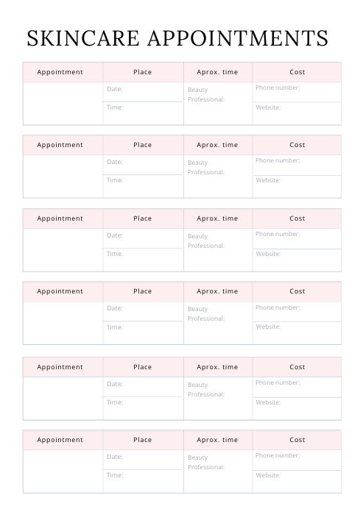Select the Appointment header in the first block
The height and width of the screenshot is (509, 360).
pos(60,72)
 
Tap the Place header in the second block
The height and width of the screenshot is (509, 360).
pos(143,145)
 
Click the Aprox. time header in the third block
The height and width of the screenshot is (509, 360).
pos(217,218)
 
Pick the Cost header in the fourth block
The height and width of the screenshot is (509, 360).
pos(297,291)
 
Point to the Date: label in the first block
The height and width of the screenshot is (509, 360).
pos(115,89)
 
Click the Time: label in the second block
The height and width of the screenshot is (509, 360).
pos(115,180)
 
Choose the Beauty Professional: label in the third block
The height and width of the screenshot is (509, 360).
pos(206,241)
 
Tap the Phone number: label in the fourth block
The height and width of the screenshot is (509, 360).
pos(278,307)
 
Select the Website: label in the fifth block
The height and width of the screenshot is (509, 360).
pos(268,402)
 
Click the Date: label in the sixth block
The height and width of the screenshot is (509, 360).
pos(115,457)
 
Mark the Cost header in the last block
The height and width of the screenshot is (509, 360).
pos(297,440)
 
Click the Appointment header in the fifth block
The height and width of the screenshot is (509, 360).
pos(60,367)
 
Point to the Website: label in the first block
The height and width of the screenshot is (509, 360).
pos(268,107)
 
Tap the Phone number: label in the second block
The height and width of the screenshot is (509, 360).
pos(278,160)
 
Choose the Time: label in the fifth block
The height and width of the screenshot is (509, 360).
pos(115,402)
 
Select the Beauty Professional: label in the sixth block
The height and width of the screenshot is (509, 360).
pos(206,463)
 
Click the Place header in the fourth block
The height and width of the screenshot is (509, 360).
pos(143,291)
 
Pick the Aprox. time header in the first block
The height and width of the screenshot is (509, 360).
pos(217,72)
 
